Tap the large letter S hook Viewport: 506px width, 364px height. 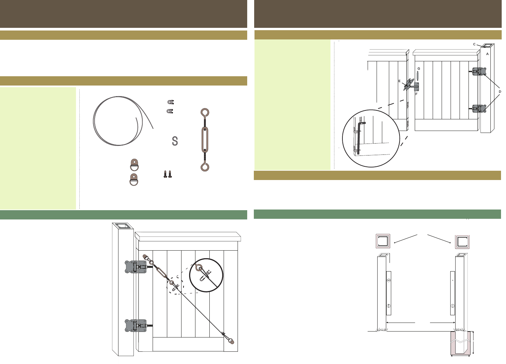pyautogui.click(x=175, y=141)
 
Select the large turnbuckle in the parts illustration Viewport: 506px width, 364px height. pyautogui.click(x=205, y=140)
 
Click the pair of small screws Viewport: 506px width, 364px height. pyautogui.click(x=168, y=174)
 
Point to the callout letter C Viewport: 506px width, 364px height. pyautogui.click(x=474, y=44)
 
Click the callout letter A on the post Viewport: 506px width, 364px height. pyautogui.click(x=487, y=54)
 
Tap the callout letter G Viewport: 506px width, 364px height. pyautogui.click(x=419, y=68)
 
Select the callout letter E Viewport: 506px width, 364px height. pyautogui.click(x=399, y=81)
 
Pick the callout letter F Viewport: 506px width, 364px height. pyautogui.click(x=416, y=94)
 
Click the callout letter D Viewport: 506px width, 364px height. pyautogui.click(x=500, y=91)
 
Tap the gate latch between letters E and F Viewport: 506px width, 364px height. pyautogui.click(x=411, y=85)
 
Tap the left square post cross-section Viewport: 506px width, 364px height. pyautogui.click(x=383, y=241)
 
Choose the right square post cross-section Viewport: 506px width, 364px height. pyautogui.click(x=462, y=242)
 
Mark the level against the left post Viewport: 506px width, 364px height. pyautogui.click(x=389, y=293)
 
